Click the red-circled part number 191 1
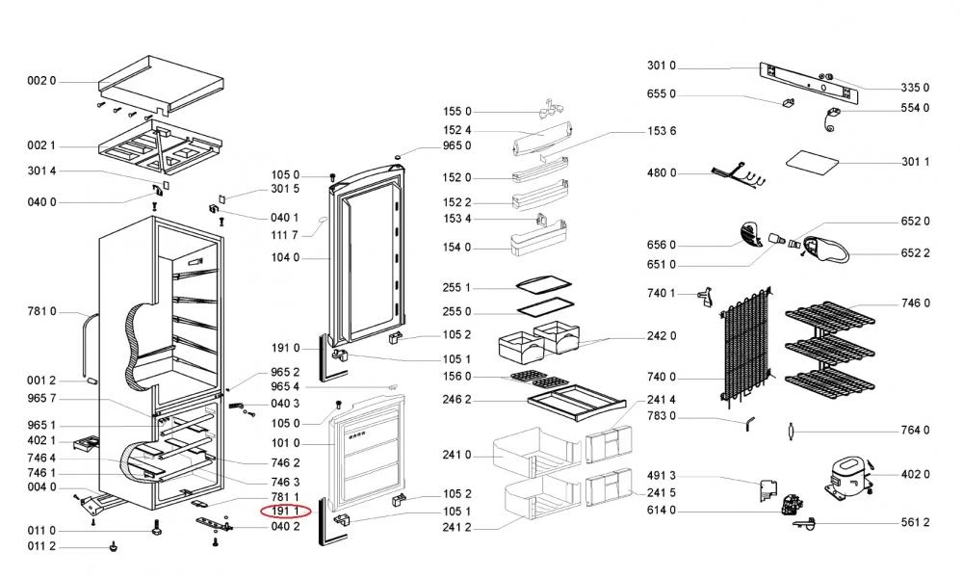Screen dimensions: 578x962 click(x=284, y=510)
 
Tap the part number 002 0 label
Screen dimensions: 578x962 click(x=41, y=82)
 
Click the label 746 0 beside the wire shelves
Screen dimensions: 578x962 click(x=916, y=303)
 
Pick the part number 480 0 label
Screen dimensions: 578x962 click(x=662, y=173)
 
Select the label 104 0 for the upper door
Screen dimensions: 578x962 click(x=285, y=258)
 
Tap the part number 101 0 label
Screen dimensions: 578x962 click(x=285, y=443)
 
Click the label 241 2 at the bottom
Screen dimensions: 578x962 click(x=457, y=528)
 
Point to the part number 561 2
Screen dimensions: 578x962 click(x=916, y=522)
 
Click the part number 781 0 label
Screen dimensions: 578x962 click(x=41, y=311)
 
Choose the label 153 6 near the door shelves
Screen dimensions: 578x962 click(x=663, y=132)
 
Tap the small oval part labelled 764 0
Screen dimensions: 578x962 click(x=790, y=431)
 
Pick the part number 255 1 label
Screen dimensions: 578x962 click(x=457, y=288)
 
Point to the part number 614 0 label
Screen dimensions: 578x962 click(x=662, y=511)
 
